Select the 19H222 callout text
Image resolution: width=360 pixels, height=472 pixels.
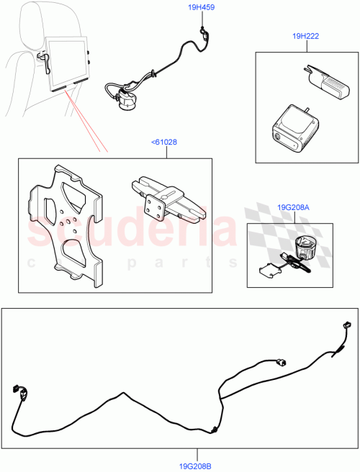[306, 35]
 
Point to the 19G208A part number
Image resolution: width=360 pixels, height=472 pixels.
[292, 208]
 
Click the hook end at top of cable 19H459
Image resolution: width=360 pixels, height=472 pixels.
[204, 30]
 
